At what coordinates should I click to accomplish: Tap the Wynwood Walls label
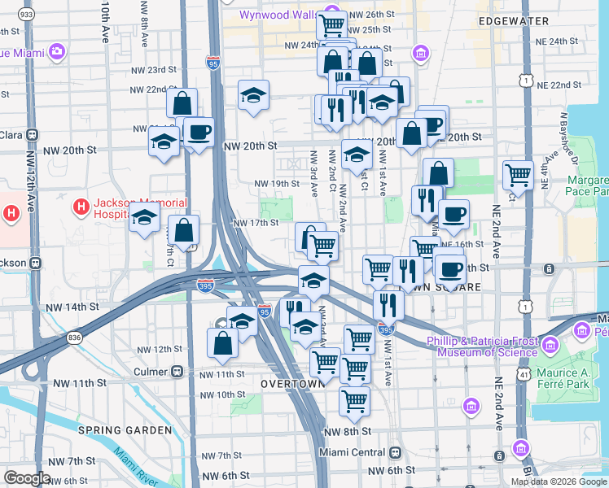[274, 15]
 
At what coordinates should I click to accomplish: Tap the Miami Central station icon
[395, 452]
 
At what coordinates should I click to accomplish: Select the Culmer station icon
[177, 371]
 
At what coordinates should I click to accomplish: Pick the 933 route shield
[26, 15]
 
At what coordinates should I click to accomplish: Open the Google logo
[27, 478]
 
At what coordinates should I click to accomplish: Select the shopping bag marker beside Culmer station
[223, 343]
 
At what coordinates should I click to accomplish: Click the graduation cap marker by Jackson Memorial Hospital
[145, 219]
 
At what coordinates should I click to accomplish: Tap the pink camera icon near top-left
[56, 52]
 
